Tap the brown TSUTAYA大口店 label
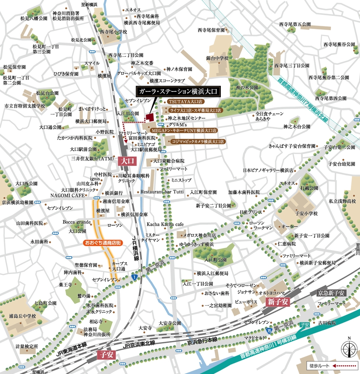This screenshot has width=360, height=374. click(x=185, y=101)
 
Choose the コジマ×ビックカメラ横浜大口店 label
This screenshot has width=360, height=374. click(x=197, y=141)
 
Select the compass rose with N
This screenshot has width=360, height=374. click(x=349, y=349)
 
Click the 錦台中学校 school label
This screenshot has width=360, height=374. click(x=218, y=58)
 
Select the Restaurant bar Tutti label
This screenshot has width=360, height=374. click(x=162, y=191)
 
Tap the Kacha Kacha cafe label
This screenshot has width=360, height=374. click(x=164, y=224)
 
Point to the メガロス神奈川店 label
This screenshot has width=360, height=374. click(x=201, y=235)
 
